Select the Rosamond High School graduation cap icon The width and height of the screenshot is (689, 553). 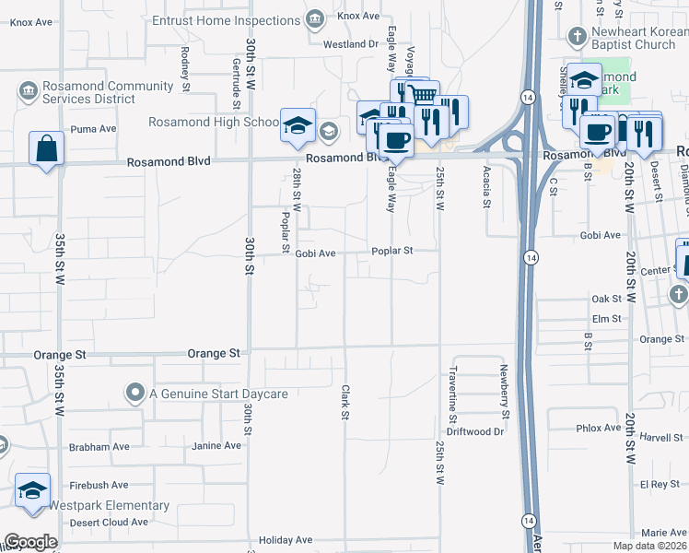coord(298,125)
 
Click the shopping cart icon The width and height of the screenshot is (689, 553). coord(422,95)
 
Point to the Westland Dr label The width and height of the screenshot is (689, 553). coord(351,43)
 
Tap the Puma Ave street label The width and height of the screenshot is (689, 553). coord(93,129)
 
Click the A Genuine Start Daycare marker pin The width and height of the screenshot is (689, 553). coord(135,394)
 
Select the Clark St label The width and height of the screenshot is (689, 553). coord(345,402)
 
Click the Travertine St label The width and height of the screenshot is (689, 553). coord(454,387)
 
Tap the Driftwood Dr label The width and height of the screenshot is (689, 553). coord(475,430)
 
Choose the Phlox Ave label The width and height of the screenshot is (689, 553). coord(598,428)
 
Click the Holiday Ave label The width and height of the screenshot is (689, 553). coord(286,540)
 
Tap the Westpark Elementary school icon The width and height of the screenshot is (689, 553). coord(33,491)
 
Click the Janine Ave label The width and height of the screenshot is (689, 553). coord(216,445)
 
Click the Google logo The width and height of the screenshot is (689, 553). coord(30,542)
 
